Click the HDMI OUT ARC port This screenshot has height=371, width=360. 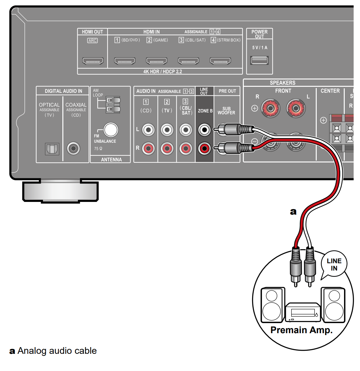point(93,61)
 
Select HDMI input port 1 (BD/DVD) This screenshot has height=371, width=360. point(125,61)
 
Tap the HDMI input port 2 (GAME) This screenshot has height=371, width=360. point(157,61)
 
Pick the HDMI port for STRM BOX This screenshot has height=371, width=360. point(220,61)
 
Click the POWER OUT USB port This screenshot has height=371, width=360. point(259,60)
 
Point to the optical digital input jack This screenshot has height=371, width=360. point(52,148)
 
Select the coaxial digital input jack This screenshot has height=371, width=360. point(74,148)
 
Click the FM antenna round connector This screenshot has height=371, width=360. point(110,130)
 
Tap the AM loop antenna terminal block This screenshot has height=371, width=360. point(113,105)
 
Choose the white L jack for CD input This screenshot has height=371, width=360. point(148,130)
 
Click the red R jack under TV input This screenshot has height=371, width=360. point(167,148)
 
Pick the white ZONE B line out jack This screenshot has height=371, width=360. point(204,130)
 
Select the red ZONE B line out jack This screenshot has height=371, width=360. point(204,148)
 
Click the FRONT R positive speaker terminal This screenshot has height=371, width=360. point(270,108)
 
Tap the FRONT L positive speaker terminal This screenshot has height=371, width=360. point(296,108)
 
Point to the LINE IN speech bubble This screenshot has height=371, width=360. point(334,265)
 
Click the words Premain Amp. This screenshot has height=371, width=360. point(301,330)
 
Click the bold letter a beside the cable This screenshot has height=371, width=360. point(293,212)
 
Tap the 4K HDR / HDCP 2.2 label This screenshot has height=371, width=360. point(162,72)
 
